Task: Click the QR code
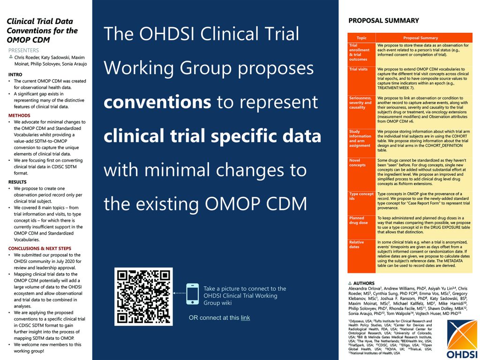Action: tap(143, 296)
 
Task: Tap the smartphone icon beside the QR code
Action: tap(193, 294)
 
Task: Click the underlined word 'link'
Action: tap(245, 318)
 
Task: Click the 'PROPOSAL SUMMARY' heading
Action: tap(383, 21)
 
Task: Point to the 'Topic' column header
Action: tap(361, 38)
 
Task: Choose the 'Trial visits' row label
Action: tap(359, 69)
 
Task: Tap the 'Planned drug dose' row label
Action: tap(359, 220)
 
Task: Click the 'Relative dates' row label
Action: tap(357, 245)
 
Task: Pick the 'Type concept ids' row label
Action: tap(361, 196)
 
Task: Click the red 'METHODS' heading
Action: tap(19, 115)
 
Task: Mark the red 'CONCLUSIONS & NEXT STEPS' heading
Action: tap(40, 248)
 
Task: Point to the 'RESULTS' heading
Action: tap(17, 182)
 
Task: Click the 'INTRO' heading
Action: tap(15, 75)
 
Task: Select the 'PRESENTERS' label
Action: tap(23, 50)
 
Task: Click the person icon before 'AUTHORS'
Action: tap(350, 284)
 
